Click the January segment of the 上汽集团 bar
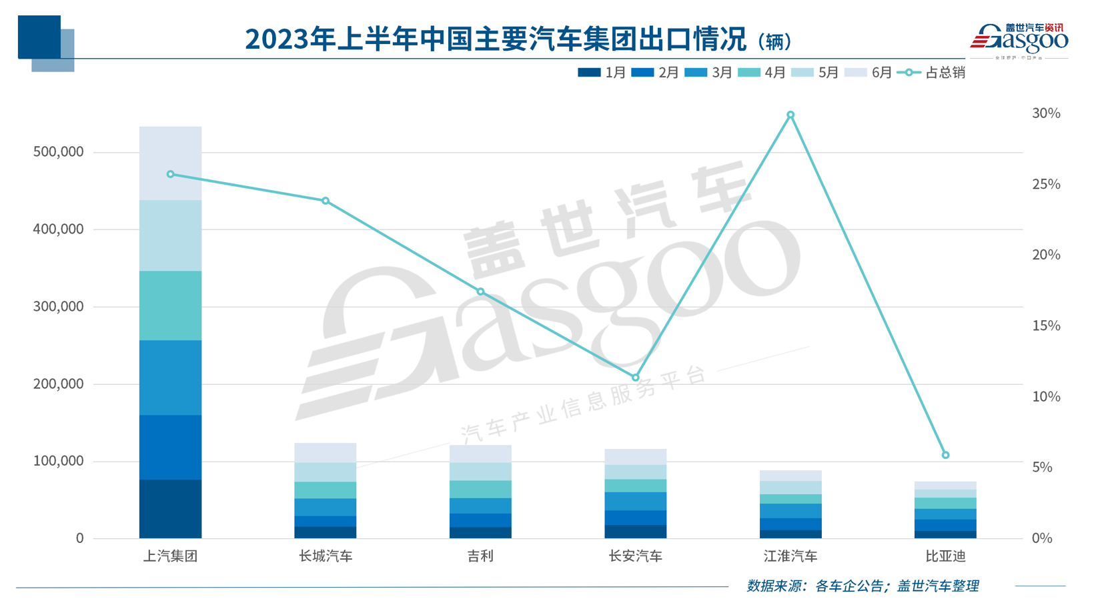[x=170, y=508]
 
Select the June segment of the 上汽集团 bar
[x=170, y=163]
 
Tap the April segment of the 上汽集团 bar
[x=170, y=305]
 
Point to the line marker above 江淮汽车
[x=790, y=115]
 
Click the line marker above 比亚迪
[x=945, y=455]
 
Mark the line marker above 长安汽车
[x=635, y=378]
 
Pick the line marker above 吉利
[x=480, y=291]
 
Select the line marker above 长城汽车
[x=326, y=201]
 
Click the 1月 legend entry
[x=602, y=73]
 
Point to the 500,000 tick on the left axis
[x=59, y=152]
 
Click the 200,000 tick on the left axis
[x=59, y=384]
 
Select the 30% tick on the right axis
[x=1045, y=113]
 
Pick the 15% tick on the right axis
[x=1045, y=326]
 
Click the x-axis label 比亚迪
[x=945, y=556]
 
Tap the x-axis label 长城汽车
[x=326, y=556]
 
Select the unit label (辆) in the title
[x=774, y=41]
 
